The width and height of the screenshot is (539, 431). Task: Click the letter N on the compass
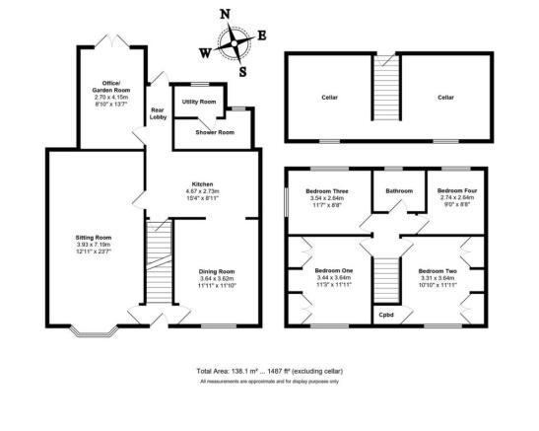pyautogui.click(x=225, y=14)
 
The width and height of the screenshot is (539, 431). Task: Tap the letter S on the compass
pyautogui.click(x=242, y=72)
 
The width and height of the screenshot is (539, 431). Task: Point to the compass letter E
pyautogui.click(x=262, y=36)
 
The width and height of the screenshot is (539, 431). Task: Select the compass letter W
pyautogui.click(x=205, y=53)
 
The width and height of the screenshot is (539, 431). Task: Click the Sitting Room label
pyautogui.click(x=94, y=238)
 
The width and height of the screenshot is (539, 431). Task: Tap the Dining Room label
pyautogui.click(x=217, y=271)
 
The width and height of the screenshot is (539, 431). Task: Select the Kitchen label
pyautogui.click(x=202, y=184)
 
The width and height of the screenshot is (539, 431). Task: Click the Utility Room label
pyautogui.click(x=199, y=102)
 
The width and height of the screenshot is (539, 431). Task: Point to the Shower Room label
pyautogui.click(x=215, y=132)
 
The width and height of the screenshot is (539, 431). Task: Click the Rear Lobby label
pyautogui.click(x=158, y=113)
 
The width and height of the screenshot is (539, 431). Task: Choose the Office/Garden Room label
pyautogui.click(x=111, y=87)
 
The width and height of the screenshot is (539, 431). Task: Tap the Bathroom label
pyautogui.click(x=399, y=191)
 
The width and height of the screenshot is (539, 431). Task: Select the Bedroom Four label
pyautogui.click(x=457, y=190)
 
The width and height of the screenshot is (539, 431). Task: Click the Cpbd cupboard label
pyautogui.click(x=386, y=315)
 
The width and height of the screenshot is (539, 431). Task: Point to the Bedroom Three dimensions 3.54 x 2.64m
pyautogui.click(x=327, y=198)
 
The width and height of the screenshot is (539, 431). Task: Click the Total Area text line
pyautogui.click(x=270, y=371)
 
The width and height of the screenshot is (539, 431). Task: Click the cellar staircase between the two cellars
pyautogui.click(x=386, y=88)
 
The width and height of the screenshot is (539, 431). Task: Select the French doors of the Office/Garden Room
pyautogui.click(x=112, y=40)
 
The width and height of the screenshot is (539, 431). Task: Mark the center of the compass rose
pyautogui.click(x=235, y=43)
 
